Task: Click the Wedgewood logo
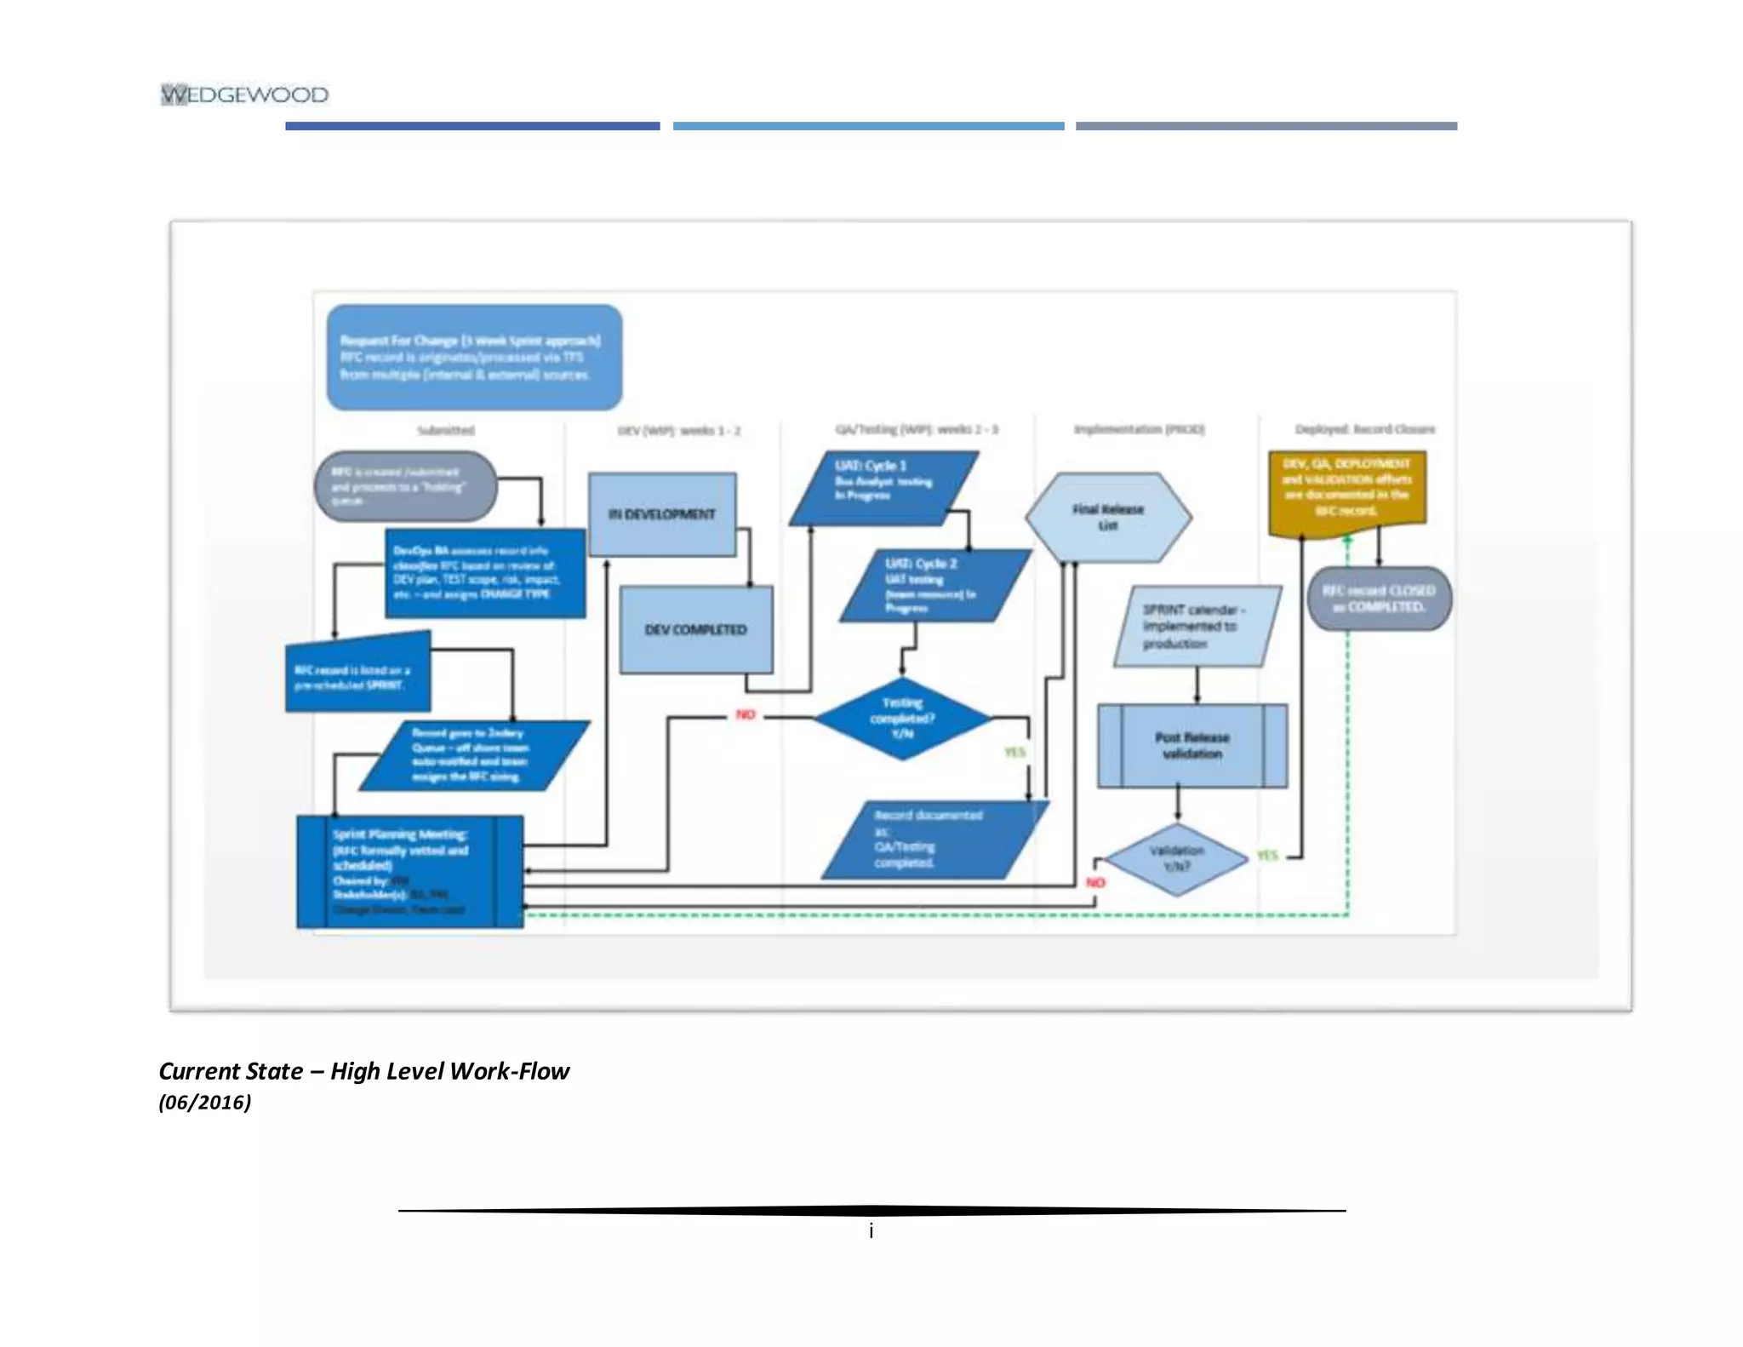[244, 95]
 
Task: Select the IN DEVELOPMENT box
[662, 514]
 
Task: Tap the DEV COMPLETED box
[696, 630]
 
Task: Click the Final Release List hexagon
[1107, 517]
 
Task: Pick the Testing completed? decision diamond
[902, 718]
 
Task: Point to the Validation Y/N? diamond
[1177, 858]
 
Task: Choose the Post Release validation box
[1192, 746]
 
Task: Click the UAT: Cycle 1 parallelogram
[883, 488]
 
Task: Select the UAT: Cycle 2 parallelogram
[934, 586]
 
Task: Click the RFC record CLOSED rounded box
[1379, 599]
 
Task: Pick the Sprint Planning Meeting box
[409, 871]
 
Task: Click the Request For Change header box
[474, 358]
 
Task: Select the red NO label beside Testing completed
[746, 714]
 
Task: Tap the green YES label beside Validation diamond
[1267, 855]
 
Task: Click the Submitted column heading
[446, 431]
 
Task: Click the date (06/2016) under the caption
[205, 1103]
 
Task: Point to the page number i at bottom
[871, 1230]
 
